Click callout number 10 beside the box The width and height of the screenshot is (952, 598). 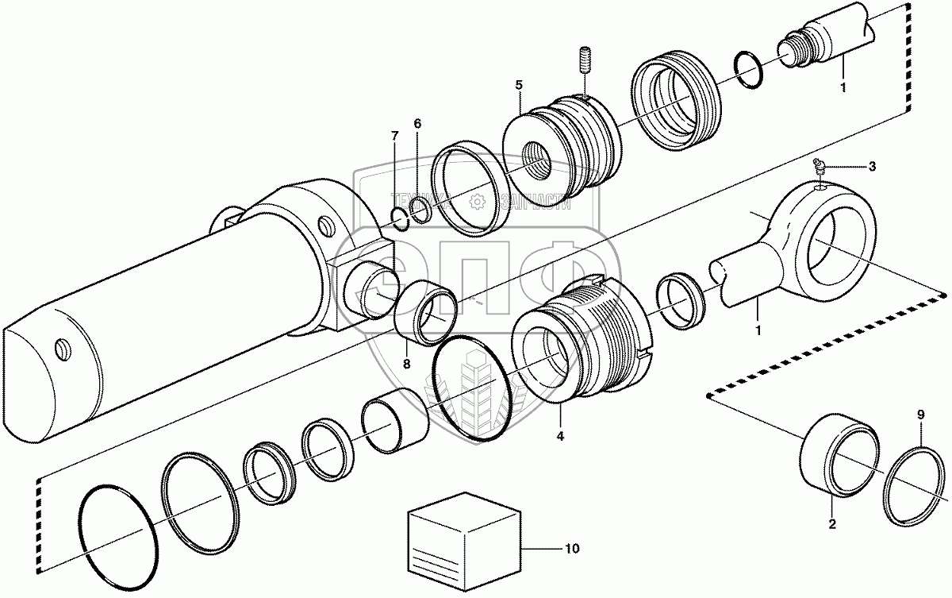(573, 549)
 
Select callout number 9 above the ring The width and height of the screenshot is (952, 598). (921, 415)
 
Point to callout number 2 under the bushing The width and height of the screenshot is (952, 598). (832, 523)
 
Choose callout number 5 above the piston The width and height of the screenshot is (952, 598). (518, 83)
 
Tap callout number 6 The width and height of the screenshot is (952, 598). (417, 124)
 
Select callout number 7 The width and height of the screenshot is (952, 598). (394, 136)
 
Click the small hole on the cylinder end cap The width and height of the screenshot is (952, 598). (61, 347)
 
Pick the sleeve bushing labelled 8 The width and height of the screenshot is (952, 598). (427, 316)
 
